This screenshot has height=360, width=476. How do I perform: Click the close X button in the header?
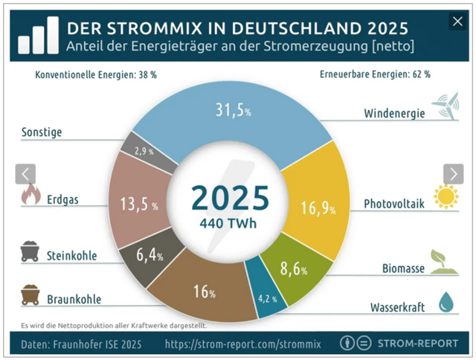457,22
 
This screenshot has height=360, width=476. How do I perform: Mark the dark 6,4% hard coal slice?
148,256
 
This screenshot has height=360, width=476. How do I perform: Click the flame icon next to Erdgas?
30,196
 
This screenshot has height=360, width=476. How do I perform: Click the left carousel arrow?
25,173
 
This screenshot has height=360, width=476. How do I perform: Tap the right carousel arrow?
453,173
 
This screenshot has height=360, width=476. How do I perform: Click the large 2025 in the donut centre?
229,197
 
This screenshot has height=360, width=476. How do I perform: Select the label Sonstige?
42,132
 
